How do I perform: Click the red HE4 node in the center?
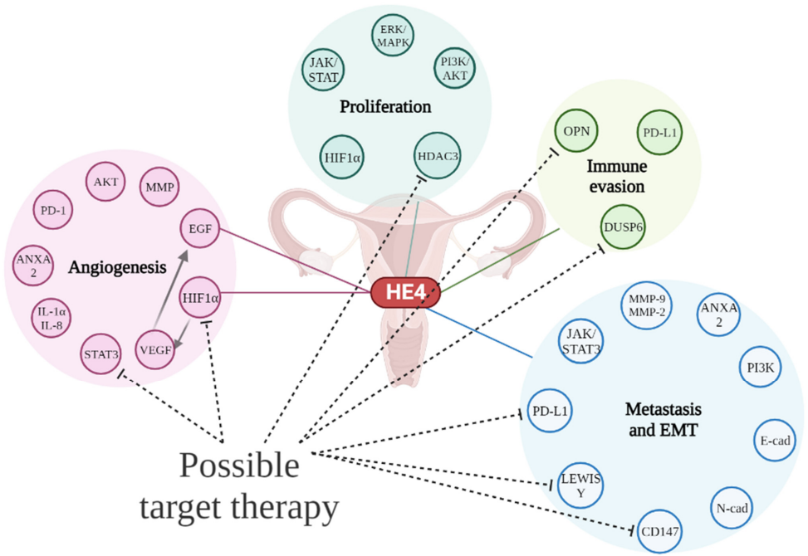pos(404,292)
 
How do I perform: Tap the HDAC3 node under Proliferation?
pos(437,154)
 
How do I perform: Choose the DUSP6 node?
pos(624,226)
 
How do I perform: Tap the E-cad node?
pos(774,441)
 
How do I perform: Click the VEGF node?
pos(155,349)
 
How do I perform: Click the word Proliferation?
pos(385,107)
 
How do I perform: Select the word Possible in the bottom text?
pos(239,465)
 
